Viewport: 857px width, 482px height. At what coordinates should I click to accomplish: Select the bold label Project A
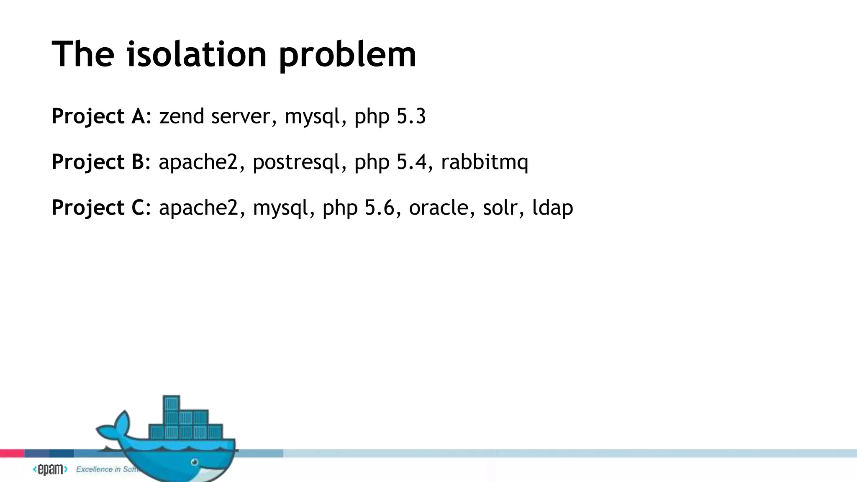(98, 116)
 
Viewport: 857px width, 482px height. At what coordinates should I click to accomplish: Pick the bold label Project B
(98, 162)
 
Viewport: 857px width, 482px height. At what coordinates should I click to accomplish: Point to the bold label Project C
(98, 208)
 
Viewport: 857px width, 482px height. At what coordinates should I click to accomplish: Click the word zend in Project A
(181, 116)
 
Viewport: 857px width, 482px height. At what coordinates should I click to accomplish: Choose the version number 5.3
(411, 116)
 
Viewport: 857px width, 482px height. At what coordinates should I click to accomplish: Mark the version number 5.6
(380, 208)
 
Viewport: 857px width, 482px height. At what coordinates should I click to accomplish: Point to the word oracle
(439, 208)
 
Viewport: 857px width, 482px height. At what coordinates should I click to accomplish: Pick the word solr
(500, 208)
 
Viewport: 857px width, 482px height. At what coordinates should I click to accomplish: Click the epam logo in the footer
(50, 469)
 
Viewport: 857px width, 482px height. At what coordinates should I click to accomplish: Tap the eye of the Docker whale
(195, 462)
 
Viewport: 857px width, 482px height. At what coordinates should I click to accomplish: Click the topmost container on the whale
(171, 403)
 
